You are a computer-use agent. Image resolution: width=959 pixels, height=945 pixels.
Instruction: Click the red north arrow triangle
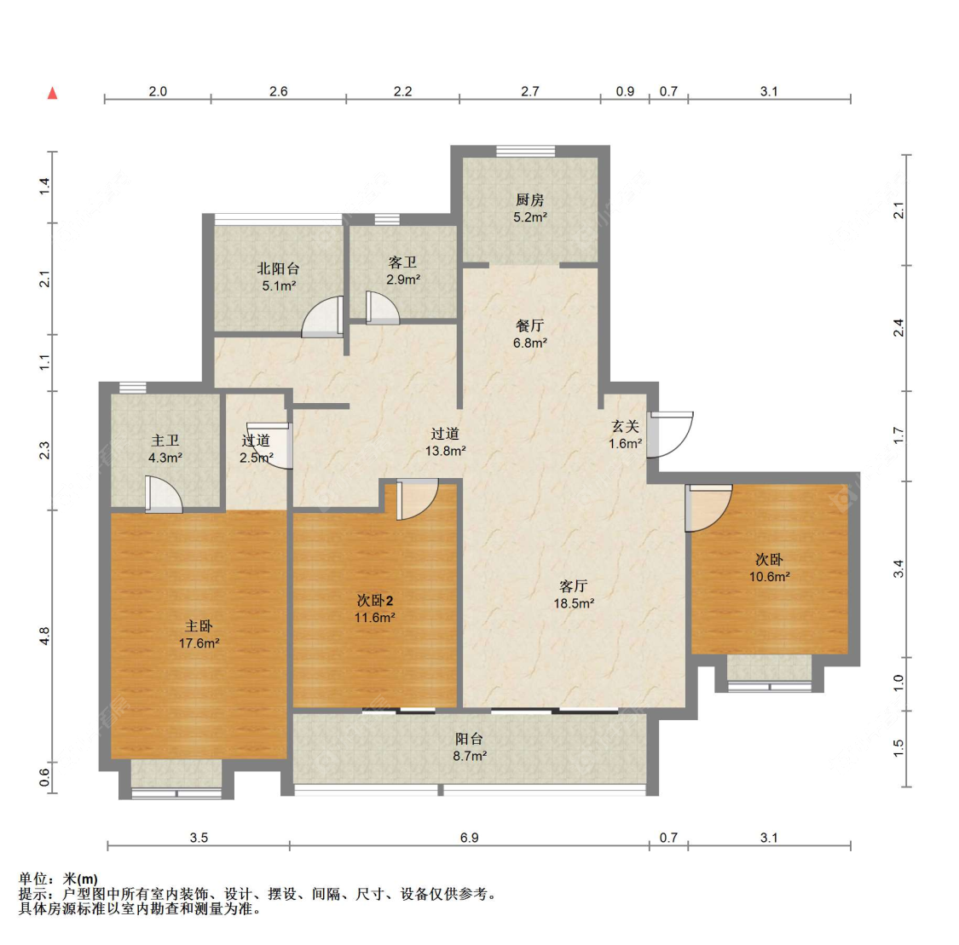point(53,93)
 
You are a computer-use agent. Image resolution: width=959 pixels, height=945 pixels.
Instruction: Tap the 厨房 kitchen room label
point(529,200)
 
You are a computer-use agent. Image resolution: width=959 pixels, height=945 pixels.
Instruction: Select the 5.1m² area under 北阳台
point(280,285)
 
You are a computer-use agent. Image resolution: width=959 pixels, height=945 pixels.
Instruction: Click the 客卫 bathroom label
point(402,262)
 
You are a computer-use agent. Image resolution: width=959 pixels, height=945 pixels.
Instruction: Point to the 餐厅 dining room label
point(529,326)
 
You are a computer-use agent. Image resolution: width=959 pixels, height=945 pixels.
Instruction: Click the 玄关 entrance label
point(625,427)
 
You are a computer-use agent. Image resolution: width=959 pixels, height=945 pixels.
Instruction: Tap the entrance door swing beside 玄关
point(671,435)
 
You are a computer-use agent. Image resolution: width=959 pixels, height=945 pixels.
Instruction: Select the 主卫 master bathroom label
point(165,441)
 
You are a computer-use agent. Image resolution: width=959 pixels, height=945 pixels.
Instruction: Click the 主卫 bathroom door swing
point(164,494)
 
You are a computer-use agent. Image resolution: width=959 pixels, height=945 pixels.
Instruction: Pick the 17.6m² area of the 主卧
point(199,643)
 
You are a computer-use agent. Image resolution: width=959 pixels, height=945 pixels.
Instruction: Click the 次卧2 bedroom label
point(375,601)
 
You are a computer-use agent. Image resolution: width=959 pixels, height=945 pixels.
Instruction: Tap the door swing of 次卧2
point(418,499)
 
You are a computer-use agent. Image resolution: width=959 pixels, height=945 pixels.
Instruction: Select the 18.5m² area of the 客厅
point(575,603)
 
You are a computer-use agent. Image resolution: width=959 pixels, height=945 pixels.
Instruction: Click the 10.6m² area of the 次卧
point(770,576)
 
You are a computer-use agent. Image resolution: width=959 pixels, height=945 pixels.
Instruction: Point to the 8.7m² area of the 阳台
point(470,756)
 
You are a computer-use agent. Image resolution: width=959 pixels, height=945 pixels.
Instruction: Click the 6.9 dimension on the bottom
point(469,838)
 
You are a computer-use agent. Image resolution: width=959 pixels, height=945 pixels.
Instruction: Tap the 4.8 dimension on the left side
point(44,637)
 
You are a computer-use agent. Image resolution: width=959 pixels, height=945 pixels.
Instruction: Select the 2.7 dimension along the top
point(530,91)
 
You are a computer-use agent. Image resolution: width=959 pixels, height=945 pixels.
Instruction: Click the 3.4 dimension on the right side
point(898,569)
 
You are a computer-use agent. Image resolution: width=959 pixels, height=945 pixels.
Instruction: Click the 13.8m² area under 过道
point(446,451)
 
